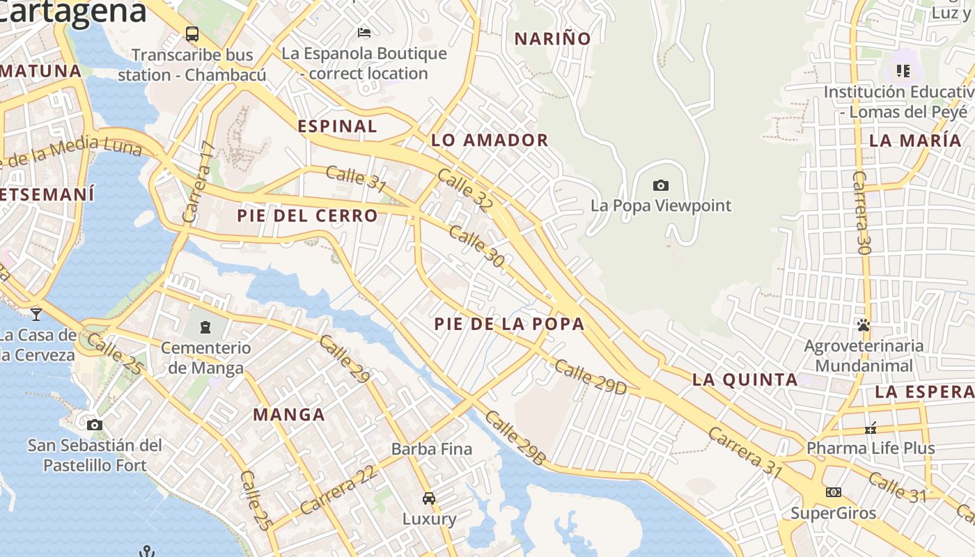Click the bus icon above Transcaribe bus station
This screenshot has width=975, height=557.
tap(192, 33)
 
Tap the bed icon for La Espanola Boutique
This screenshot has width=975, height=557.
tap(364, 32)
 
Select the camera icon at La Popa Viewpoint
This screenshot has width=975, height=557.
tap(661, 185)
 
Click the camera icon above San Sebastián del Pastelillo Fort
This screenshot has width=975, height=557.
tap(95, 425)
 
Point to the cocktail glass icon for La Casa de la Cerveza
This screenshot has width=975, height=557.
tap(36, 314)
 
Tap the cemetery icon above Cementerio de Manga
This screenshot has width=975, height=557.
tap(205, 327)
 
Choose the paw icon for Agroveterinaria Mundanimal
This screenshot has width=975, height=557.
tap(864, 324)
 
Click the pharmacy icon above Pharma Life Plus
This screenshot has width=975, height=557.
tap(871, 428)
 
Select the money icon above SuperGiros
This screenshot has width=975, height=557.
tap(833, 492)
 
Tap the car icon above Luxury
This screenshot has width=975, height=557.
tap(429, 498)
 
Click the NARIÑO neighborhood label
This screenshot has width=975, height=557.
tap(552, 39)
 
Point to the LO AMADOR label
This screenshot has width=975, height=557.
tap(490, 140)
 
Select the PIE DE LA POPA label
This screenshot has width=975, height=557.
tap(509, 324)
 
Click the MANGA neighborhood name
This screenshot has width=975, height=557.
tap(289, 415)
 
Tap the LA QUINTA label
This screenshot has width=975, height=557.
tap(745, 379)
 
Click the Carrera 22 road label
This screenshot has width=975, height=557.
tap(339, 489)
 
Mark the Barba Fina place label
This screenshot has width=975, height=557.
tap(432, 449)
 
